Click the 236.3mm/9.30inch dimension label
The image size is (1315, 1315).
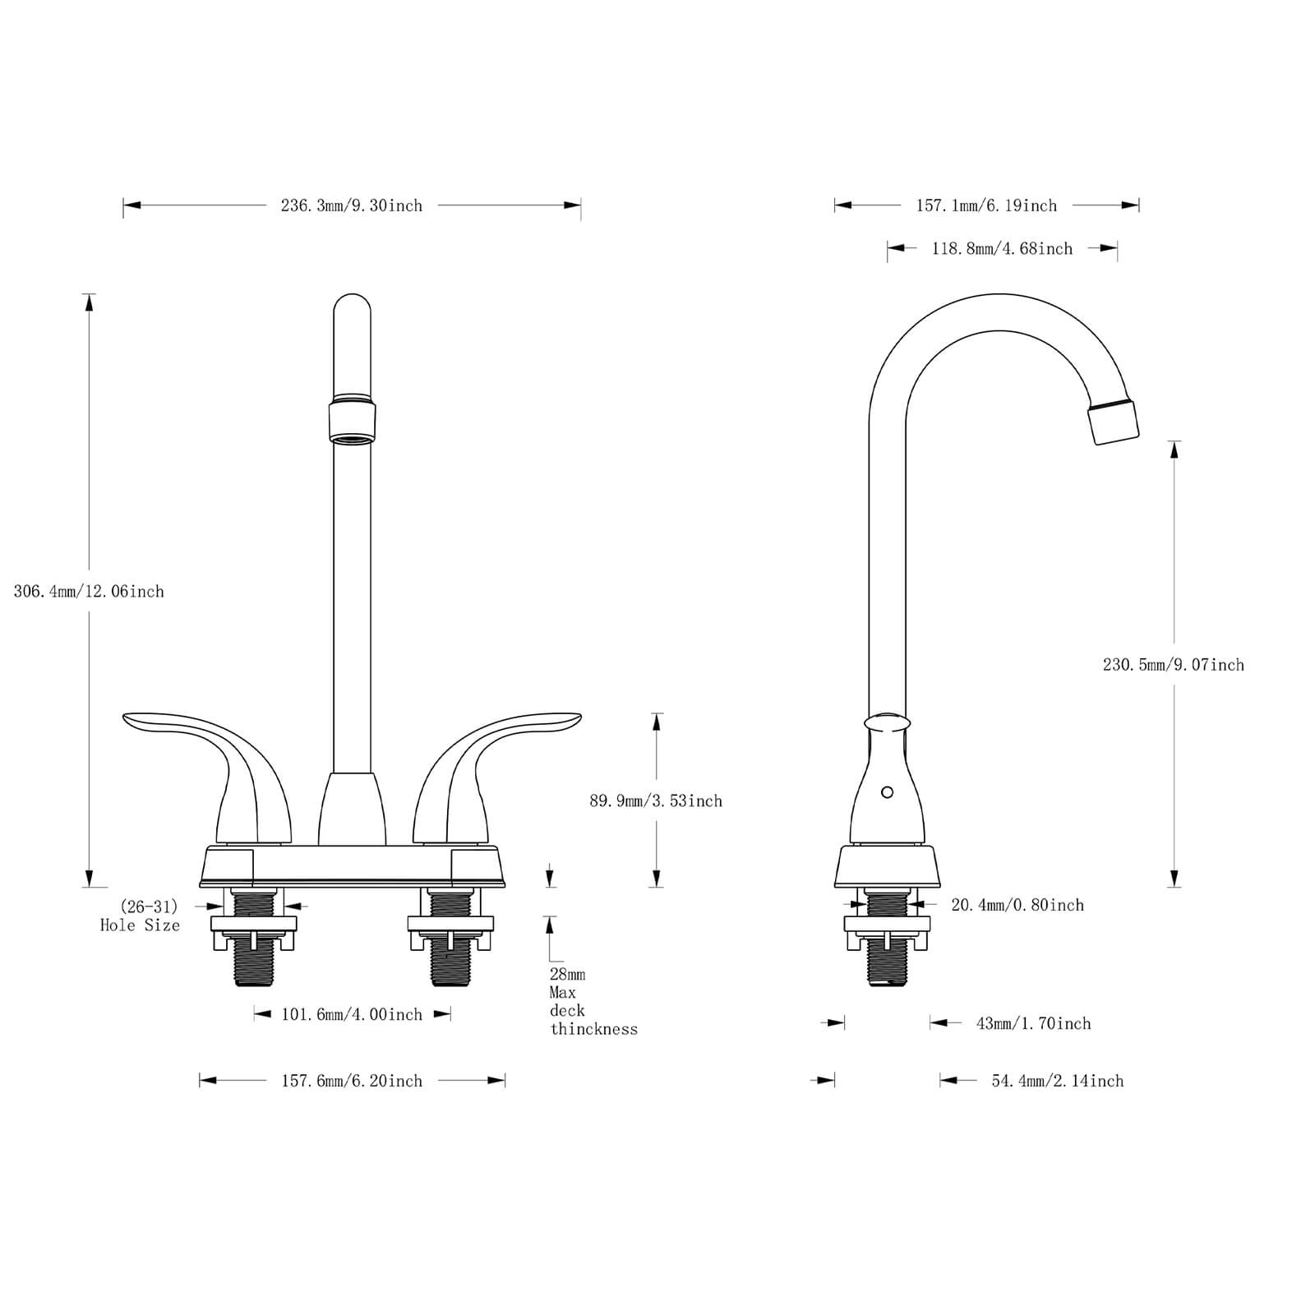[352, 205]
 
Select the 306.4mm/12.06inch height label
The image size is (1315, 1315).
[89, 591]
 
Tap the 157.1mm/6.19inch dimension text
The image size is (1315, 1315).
[986, 205]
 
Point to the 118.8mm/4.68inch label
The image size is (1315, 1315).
[1002, 248]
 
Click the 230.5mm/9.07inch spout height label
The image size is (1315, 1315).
[1173, 664]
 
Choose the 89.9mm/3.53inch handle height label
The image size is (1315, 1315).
[655, 801]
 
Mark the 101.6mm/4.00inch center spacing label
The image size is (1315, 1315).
[352, 1014]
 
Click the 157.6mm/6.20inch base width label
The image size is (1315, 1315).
[352, 1081]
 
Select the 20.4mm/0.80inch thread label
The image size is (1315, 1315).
[1017, 905]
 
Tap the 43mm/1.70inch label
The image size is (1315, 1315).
[1033, 1023]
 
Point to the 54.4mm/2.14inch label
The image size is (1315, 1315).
[1057, 1081]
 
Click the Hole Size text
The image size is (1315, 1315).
[140, 925]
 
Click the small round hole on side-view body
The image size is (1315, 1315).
[887, 792]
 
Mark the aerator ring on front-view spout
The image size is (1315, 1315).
[353, 421]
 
